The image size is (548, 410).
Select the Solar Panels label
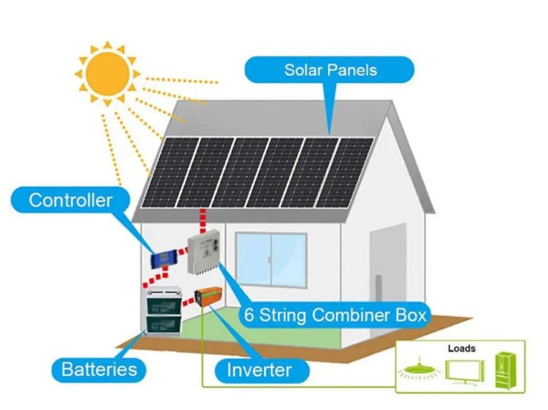tap(330, 70)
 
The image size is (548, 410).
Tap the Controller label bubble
tap(70, 199)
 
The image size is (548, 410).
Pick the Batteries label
tap(99, 369)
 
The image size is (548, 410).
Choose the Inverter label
tap(258, 370)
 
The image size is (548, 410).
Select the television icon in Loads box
tap(461, 371)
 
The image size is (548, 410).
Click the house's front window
tap(271, 259)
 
